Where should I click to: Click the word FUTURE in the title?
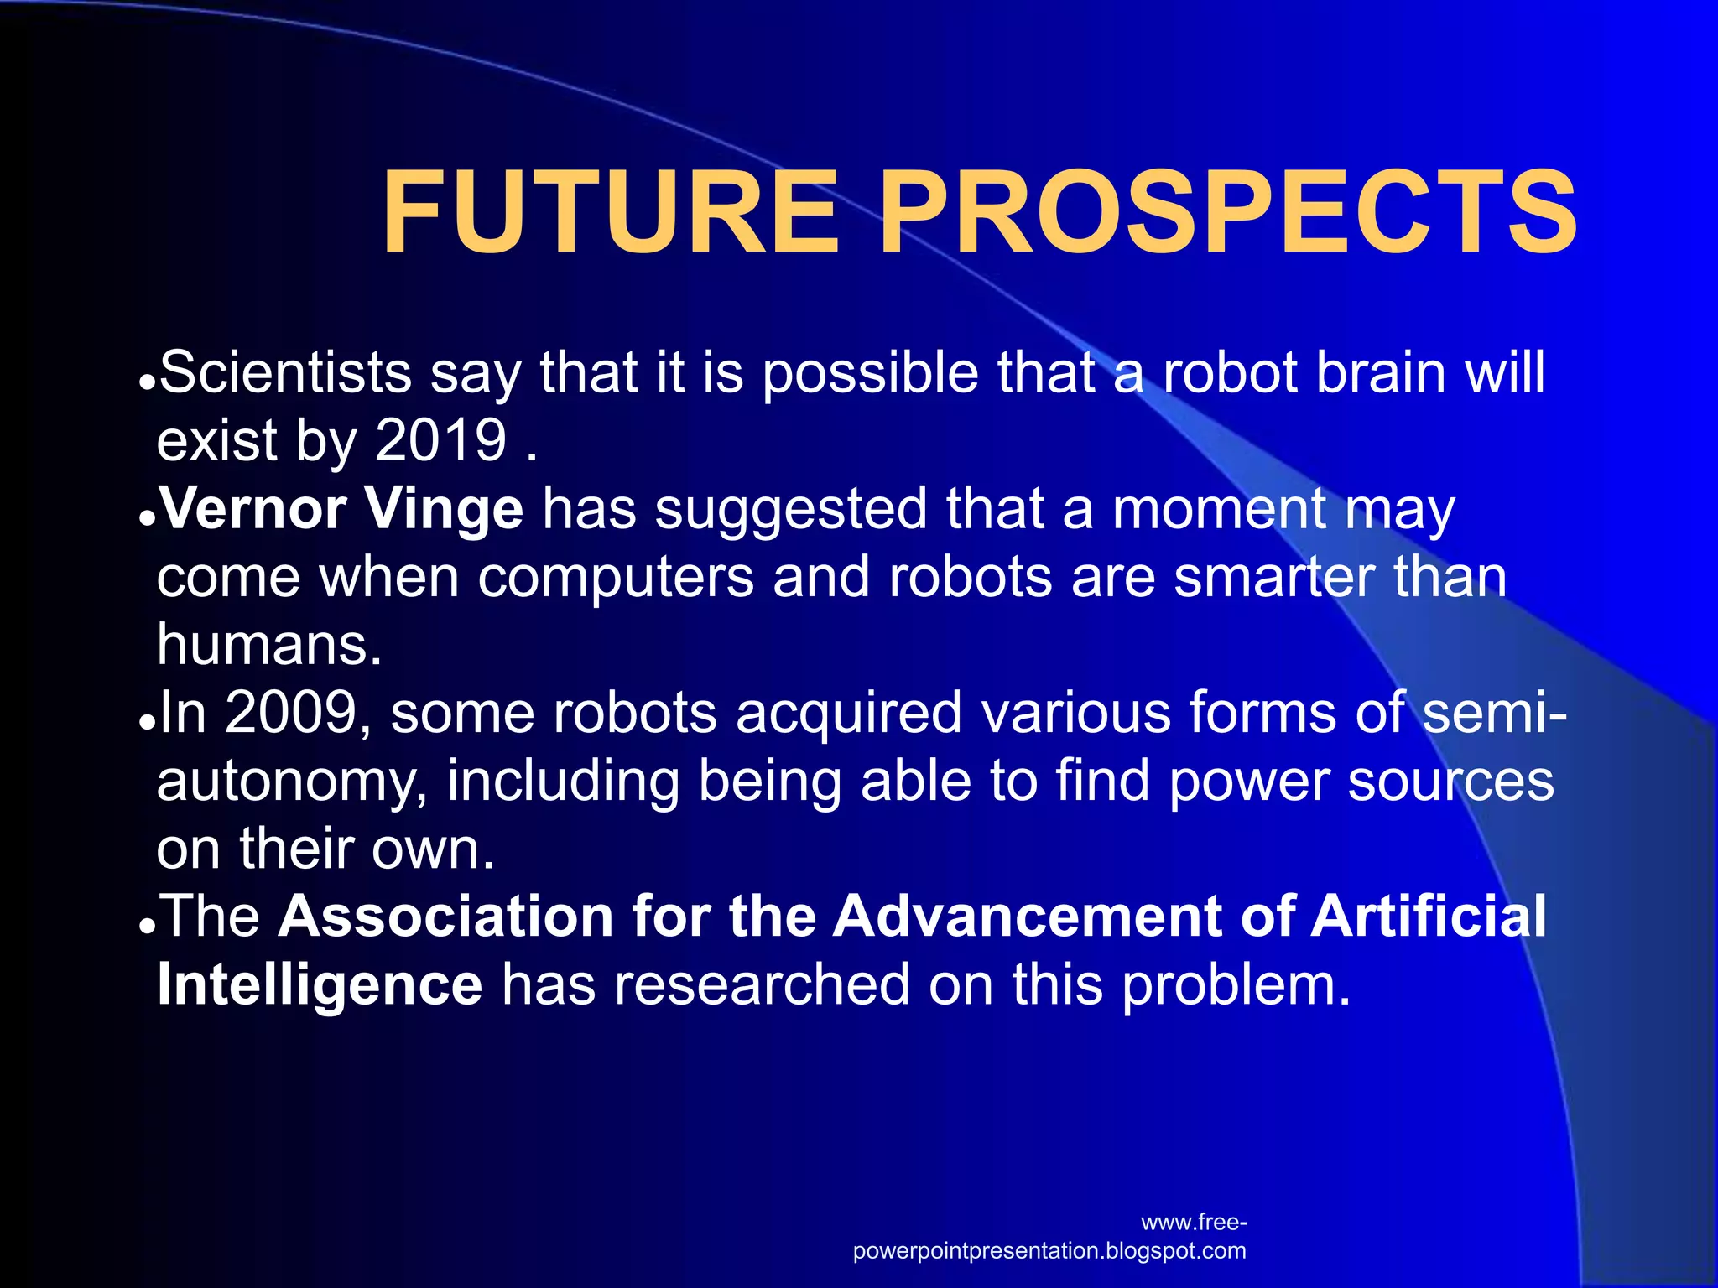pos(610,212)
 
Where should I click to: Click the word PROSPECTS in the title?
pos(1226,212)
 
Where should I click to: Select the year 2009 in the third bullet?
pos(291,713)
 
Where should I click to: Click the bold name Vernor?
pos(252,509)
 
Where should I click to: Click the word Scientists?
pos(285,372)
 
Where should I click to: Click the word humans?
pos(268,646)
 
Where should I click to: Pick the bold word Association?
pos(445,916)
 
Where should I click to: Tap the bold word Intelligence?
pos(320,985)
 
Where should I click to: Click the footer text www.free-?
pos(1194,1223)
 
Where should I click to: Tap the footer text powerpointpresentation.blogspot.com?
pos(1049,1251)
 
